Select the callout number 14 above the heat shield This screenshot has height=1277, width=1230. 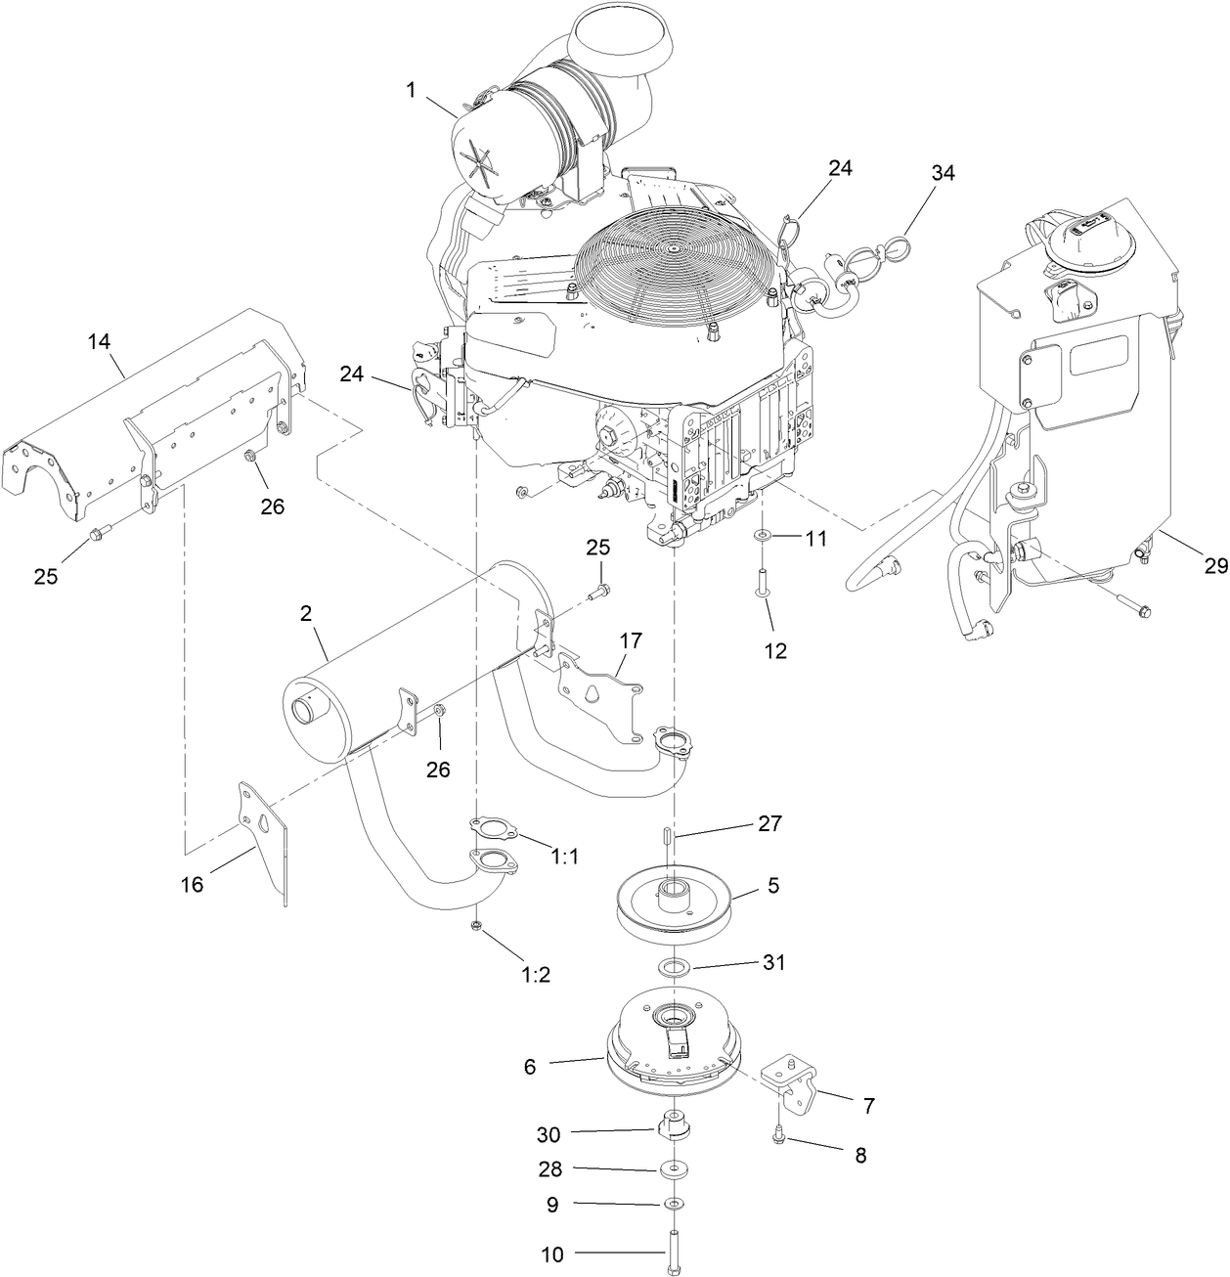point(99,341)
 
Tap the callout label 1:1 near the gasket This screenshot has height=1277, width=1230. point(564,856)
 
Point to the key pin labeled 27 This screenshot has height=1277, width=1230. point(665,838)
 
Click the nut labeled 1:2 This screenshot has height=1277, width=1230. point(475,926)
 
